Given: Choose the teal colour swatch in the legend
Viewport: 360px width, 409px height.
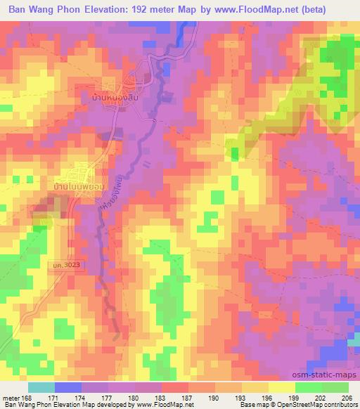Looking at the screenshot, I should click(41, 387).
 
